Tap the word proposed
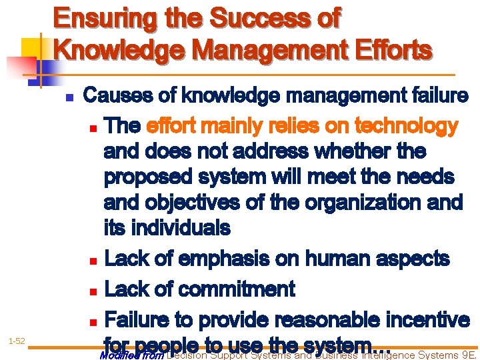[x=150, y=177]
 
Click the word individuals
[x=181, y=228]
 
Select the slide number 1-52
[x=17, y=341]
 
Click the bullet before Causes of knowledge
[x=69, y=97]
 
